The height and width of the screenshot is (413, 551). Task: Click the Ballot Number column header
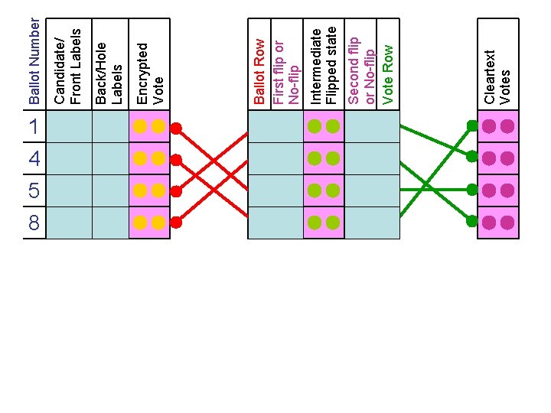34,54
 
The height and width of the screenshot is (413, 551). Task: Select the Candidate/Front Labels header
67,66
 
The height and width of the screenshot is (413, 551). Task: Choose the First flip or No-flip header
285,73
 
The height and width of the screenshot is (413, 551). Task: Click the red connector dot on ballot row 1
176,128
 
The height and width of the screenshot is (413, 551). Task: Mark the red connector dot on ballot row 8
176,223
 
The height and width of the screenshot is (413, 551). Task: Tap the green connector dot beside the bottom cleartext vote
472,222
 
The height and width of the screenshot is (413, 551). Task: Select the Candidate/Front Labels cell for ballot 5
70,191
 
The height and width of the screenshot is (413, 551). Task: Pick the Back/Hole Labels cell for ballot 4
110,159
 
